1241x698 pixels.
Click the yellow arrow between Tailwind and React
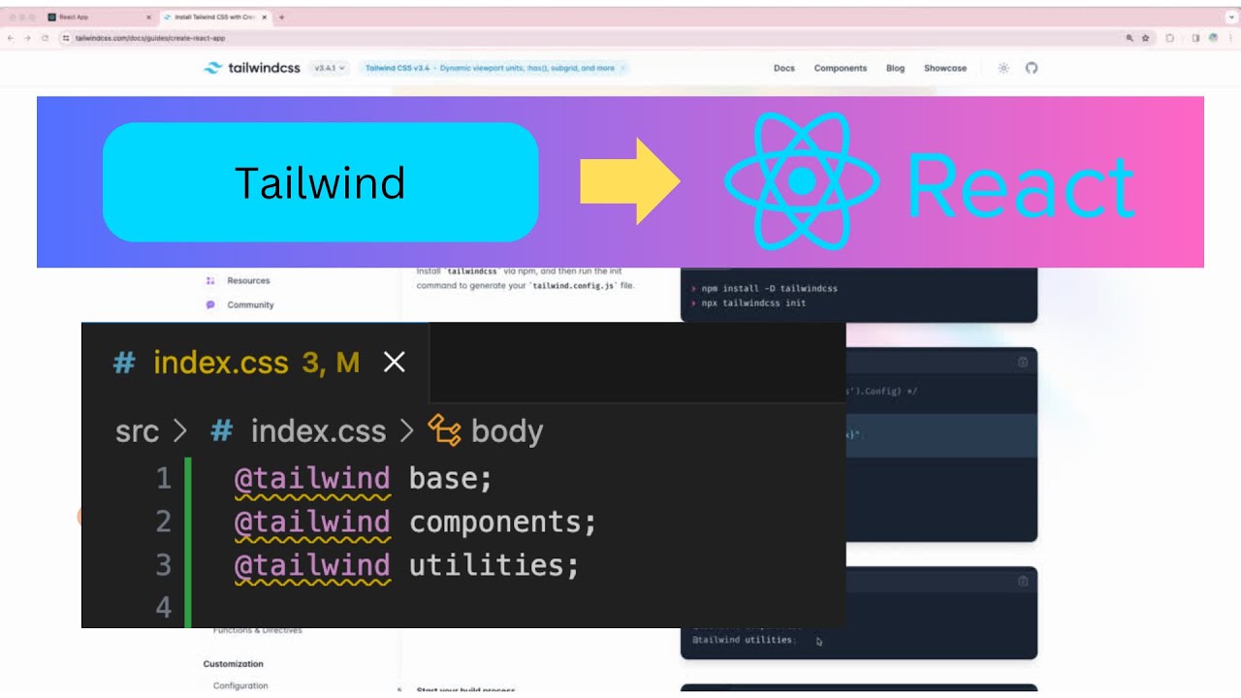pos(629,181)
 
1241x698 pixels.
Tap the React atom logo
pos(801,181)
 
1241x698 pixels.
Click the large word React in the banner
pos(1021,187)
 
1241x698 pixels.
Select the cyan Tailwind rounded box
pos(320,182)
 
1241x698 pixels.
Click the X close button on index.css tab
pos(394,363)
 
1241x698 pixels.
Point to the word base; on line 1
pos(451,478)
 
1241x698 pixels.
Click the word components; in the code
pos(502,522)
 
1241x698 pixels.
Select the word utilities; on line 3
pos(493,565)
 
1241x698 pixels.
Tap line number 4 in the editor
pos(164,608)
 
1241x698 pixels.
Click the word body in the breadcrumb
pos(506,431)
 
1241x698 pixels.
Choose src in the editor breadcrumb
pos(137,431)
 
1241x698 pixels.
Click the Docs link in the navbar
pos(783,69)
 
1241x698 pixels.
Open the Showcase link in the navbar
pos(944,69)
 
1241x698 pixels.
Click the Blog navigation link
pos(895,69)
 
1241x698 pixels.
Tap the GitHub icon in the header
pos(1032,69)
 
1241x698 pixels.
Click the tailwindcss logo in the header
pos(251,68)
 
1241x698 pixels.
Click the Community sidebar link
pos(250,304)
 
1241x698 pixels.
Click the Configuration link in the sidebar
pos(240,685)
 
